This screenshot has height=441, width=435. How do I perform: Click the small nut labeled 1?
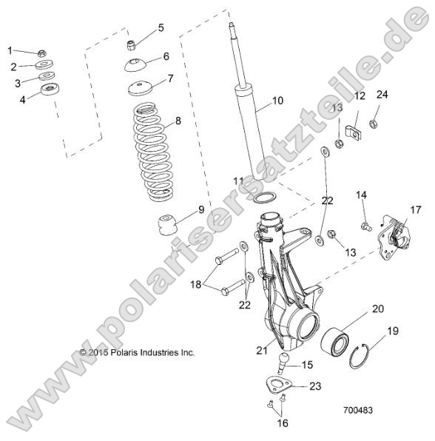[42, 53]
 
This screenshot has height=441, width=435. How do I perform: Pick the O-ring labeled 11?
[266, 198]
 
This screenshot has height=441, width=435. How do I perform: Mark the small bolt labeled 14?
[365, 226]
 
